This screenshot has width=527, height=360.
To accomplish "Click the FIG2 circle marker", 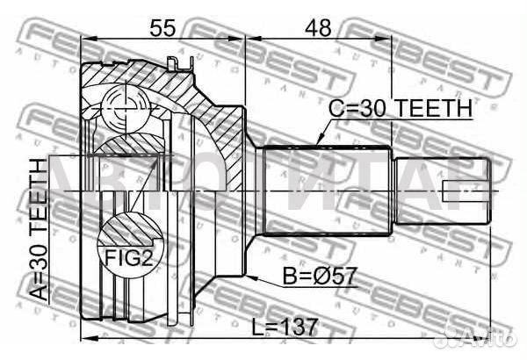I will [x=126, y=240].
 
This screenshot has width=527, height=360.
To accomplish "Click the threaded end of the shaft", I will [x=439, y=190].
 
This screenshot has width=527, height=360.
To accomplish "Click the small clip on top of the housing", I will [x=178, y=61].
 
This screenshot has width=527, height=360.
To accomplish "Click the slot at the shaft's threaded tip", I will [x=464, y=190].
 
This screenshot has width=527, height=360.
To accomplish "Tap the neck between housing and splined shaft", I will [x=256, y=189].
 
